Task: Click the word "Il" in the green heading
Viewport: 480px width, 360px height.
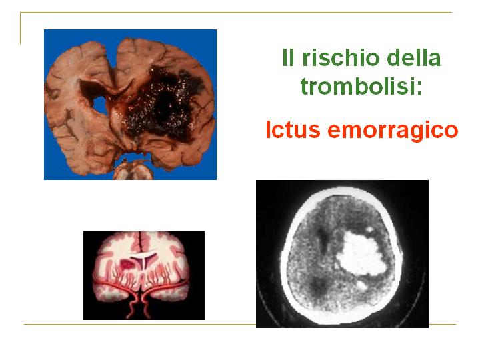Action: point(288,57)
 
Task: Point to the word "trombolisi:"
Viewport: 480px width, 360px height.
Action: point(361,86)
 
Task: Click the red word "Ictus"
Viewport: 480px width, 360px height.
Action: point(293,129)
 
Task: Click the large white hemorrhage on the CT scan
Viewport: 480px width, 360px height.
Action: point(362,253)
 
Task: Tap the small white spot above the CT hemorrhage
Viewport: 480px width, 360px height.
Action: point(370,229)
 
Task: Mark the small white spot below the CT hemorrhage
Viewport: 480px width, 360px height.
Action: point(362,285)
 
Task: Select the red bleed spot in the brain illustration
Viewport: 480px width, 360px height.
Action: point(127,264)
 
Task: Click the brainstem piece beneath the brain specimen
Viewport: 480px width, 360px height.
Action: point(133,170)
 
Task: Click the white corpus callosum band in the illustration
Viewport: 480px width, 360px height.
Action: point(144,254)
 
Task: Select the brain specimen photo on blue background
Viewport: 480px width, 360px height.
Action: point(130,105)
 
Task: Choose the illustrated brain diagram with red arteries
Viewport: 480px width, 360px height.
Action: point(144,275)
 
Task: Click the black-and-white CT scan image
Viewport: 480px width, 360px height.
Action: point(342,254)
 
